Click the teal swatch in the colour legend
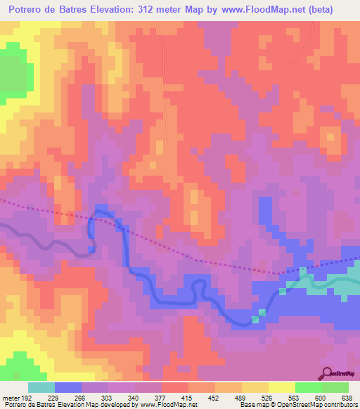[41, 387]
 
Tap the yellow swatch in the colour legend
[282, 387]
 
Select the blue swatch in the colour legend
[68, 387]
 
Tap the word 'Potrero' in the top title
[27, 9]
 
